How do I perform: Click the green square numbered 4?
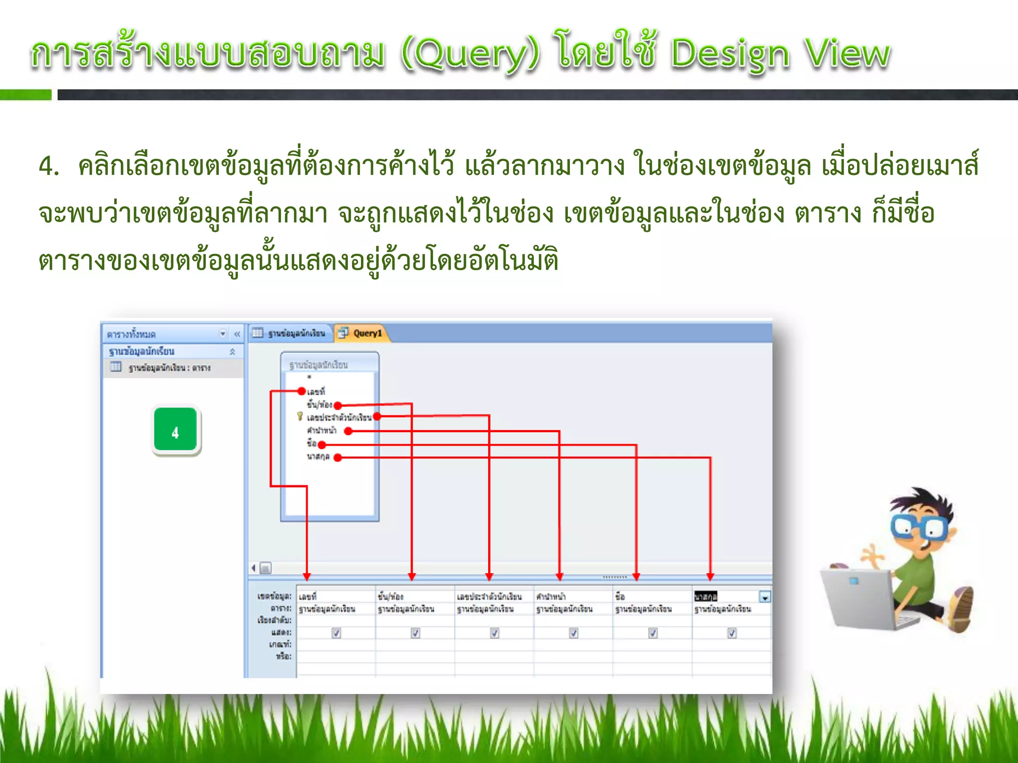coord(175,430)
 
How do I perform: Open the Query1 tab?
coord(367,333)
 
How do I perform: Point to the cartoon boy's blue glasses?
coord(920,528)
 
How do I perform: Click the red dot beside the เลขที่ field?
coord(301,391)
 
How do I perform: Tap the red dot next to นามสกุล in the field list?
coord(338,458)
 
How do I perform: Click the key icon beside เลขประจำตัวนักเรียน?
coord(300,416)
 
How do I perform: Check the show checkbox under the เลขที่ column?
coord(337,633)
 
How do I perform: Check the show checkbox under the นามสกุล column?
coord(732,633)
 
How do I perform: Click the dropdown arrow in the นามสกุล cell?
coord(765,597)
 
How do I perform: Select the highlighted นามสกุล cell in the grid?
coord(706,597)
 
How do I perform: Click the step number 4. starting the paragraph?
coord(49,166)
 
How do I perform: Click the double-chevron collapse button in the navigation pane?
coord(237,334)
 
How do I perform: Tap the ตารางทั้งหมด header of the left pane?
coord(132,334)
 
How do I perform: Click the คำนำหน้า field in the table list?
coord(322,430)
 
